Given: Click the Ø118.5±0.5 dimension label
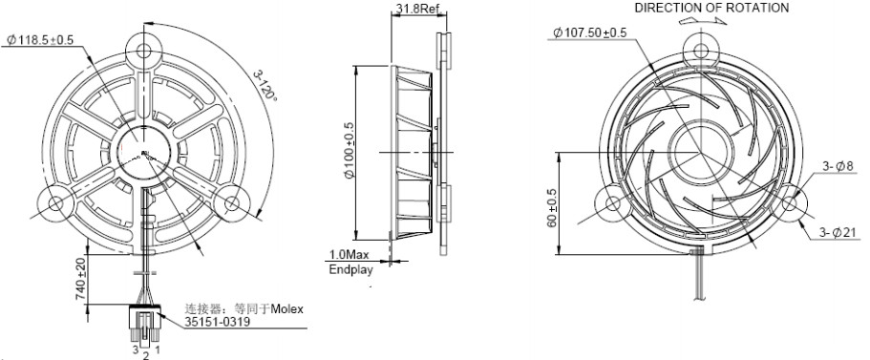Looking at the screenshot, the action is (x=40, y=39).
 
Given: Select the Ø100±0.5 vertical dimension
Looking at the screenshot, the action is (x=349, y=152).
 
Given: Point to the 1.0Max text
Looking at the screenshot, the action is (x=349, y=255).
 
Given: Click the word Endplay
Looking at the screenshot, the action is (x=350, y=270).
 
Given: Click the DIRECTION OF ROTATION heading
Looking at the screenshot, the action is (x=711, y=8).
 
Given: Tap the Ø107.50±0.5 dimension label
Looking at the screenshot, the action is (x=590, y=32).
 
